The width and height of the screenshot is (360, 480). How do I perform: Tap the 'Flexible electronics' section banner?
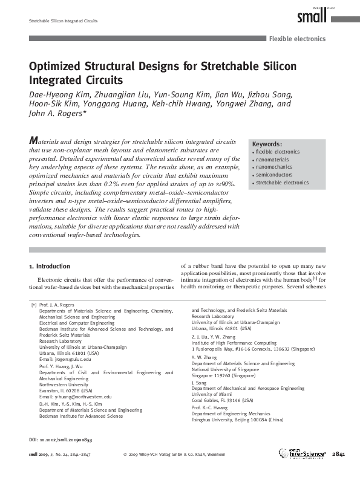297,39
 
